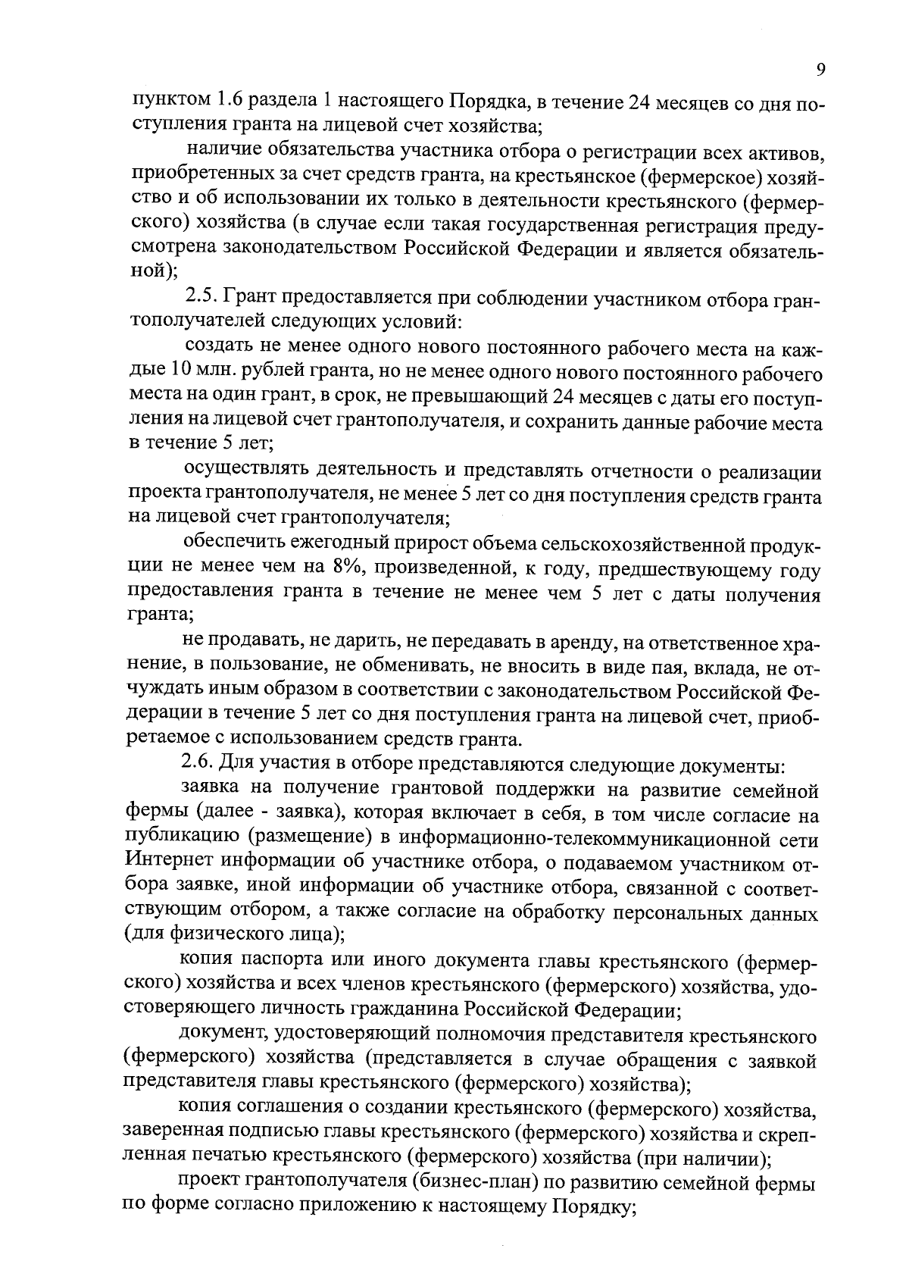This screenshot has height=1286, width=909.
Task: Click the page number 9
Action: (x=821, y=70)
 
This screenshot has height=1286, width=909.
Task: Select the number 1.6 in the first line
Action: (x=232, y=101)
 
